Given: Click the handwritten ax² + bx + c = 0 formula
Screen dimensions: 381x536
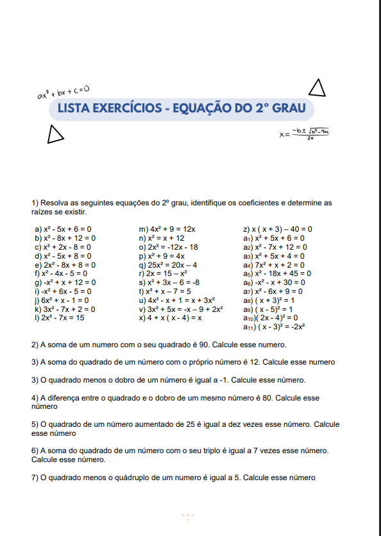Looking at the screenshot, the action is pos(62,93).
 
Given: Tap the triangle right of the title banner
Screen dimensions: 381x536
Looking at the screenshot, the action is pos(317,87).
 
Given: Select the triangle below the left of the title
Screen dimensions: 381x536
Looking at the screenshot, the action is pos(56,134).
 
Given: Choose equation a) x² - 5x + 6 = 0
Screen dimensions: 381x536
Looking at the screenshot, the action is pos(63,229).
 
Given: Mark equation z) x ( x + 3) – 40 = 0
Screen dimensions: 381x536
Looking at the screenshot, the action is pos(278,229).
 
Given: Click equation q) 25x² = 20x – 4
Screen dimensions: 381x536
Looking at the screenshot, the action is pos(167,264).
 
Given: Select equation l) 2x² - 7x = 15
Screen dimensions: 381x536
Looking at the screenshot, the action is pos(60,318).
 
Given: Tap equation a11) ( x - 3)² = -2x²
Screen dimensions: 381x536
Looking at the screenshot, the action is pos(274,327).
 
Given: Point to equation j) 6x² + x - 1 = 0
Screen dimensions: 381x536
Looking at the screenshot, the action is pos(62,300).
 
